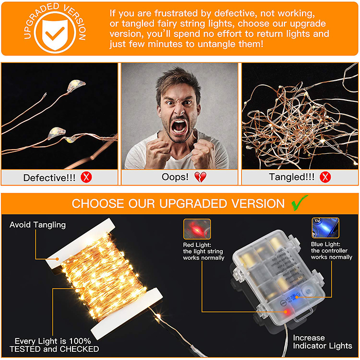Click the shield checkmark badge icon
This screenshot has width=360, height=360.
pyautogui.click(x=55, y=32)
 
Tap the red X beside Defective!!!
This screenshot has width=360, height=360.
pyautogui.click(x=86, y=177)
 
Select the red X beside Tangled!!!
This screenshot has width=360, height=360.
pyautogui.click(x=326, y=177)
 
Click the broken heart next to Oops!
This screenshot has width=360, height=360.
pyautogui.click(x=201, y=177)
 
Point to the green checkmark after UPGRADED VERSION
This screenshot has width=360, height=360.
pyautogui.click(x=299, y=203)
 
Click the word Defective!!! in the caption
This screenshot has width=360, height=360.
pyautogui.click(x=49, y=178)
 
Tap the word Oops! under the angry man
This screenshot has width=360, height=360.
pyautogui.click(x=175, y=177)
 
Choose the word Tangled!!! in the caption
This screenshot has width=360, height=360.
pyautogui.click(x=292, y=177)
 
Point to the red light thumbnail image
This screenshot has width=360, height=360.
pyautogui.click(x=197, y=229)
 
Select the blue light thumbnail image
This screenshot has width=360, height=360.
pyautogui.click(x=326, y=228)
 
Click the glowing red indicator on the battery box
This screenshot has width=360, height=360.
pyautogui.click(x=286, y=312)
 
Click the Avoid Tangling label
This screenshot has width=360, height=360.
pyautogui.click(x=38, y=225)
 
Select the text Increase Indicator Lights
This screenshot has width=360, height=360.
pyautogui.click(x=322, y=341)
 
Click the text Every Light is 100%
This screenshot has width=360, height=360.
pyautogui.click(x=53, y=340)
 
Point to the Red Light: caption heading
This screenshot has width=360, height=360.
pyautogui.click(x=197, y=245)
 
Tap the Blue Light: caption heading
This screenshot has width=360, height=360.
pyautogui.click(x=326, y=244)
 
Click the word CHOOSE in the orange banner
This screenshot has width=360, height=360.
pyautogui.click(x=98, y=204)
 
